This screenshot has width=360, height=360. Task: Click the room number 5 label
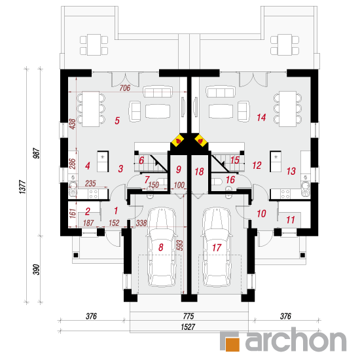pyautogui.click(x=117, y=120)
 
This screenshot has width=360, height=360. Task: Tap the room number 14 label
pyautogui.click(x=261, y=118)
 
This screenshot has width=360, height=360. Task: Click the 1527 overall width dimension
pyautogui.click(x=188, y=327)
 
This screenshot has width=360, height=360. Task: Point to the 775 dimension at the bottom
pyautogui.click(x=189, y=316)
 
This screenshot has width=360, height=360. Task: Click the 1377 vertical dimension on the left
pyautogui.click(x=22, y=187)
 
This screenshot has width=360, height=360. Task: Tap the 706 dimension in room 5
pyautogui.click(x=125, y=88)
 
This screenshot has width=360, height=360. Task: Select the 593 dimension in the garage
pyautogui.click(x=180, y=245)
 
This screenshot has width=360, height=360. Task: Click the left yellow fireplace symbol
pyautogui.click(x=177, y=141)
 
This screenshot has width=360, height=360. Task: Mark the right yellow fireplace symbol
pyautogui.click(x=201, y=141)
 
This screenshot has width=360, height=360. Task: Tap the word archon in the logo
pyautogui.click(x=296, y=339)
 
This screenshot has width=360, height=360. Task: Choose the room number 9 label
pyautogui.click(x=179, y=170)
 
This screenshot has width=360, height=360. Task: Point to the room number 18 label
pyautogui.click(x=199, y=171)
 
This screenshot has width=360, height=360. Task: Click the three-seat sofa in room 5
pyautogui.click(x=158, y=92)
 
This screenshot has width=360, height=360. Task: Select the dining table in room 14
pyautogui.click(x=287, y=109)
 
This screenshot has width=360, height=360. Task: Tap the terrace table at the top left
pyautogui.click(x=94, y=45)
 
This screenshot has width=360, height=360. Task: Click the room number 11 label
pyautogui.click(x=291, y=220)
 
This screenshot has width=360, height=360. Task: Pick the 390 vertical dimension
pyautogui.click(x=36, y=269)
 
